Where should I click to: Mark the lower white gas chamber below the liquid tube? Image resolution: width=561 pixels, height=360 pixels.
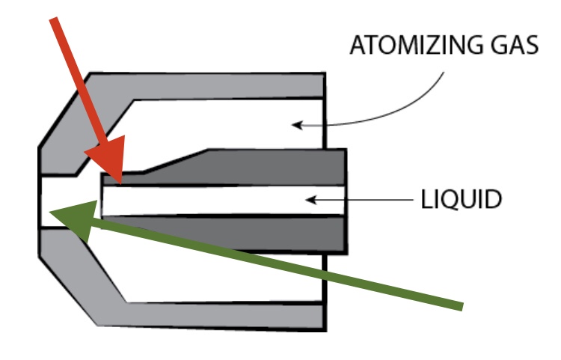[224, 277]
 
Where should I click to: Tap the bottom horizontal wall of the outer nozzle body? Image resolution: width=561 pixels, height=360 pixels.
[224, 316]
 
